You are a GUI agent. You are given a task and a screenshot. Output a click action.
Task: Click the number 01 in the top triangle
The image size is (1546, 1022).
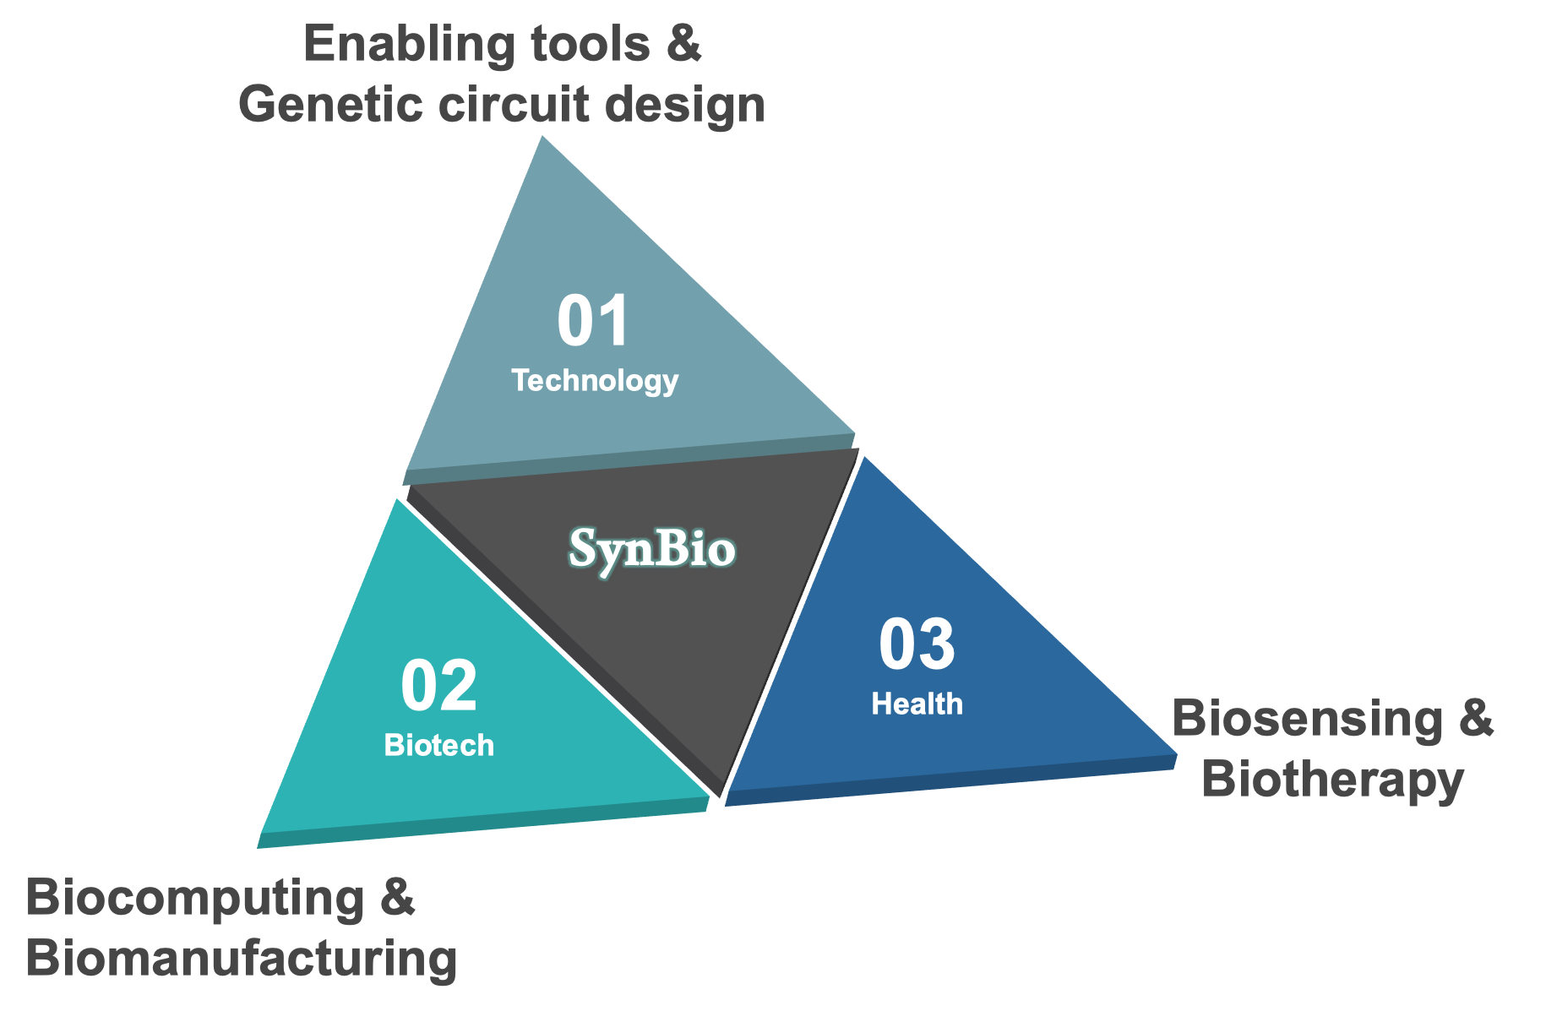pos(594,322)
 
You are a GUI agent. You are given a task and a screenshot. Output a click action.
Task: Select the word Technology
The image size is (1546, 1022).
pos(595,381)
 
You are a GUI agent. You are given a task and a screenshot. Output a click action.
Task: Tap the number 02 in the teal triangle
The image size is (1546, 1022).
pos(439,687)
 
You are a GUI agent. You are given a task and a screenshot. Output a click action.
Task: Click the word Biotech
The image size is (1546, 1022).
pos(439,745)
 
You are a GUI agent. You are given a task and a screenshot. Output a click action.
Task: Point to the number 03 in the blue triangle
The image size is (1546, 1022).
pos(917,646)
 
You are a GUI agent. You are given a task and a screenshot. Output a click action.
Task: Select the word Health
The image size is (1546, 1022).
pos(917,704)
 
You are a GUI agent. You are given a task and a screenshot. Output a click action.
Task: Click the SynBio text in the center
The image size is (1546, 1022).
pos(652,549)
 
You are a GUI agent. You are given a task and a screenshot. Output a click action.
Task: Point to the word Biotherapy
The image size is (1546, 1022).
pos(1332,780)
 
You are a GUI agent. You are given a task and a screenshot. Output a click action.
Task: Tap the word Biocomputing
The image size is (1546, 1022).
pos(196,898)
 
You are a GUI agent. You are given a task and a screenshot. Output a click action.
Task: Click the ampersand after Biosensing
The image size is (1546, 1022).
pos(1475,720)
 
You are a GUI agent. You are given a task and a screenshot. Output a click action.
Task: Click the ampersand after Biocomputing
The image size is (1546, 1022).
pos(397,898)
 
